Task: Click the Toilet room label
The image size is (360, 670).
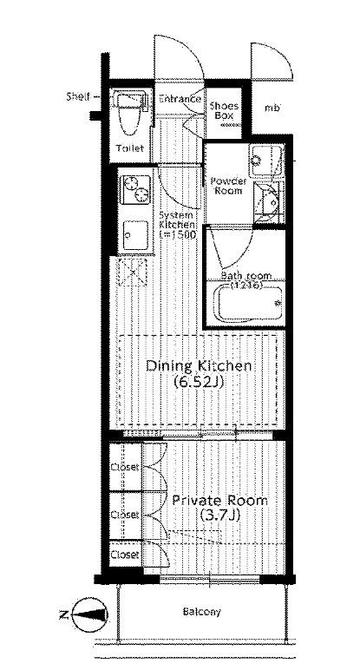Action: (x=130, y=148)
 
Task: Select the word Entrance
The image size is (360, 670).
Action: (x=180, y=99)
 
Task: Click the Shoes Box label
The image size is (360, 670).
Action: (x=224, y=111)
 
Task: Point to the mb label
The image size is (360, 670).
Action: (x=272, y=108)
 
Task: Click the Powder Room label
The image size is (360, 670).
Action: (x=228, y=186)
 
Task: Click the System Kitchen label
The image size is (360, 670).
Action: (x=177, y=224)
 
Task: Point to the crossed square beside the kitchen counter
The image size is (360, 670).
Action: (x=133, y=272)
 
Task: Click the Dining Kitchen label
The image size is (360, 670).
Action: (x=198, y=366)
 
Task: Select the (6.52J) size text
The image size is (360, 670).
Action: (x=199, y=382)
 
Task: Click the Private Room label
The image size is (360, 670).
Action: (x=220, y=501)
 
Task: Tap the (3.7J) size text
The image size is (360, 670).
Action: (x=219, y=516)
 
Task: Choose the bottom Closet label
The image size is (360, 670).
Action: (x=125, y=555)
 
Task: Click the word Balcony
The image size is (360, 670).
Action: (x=202, y=612)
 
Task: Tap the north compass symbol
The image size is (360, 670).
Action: (x=89, y=614)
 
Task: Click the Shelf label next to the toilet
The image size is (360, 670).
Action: (x=78, y=96)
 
